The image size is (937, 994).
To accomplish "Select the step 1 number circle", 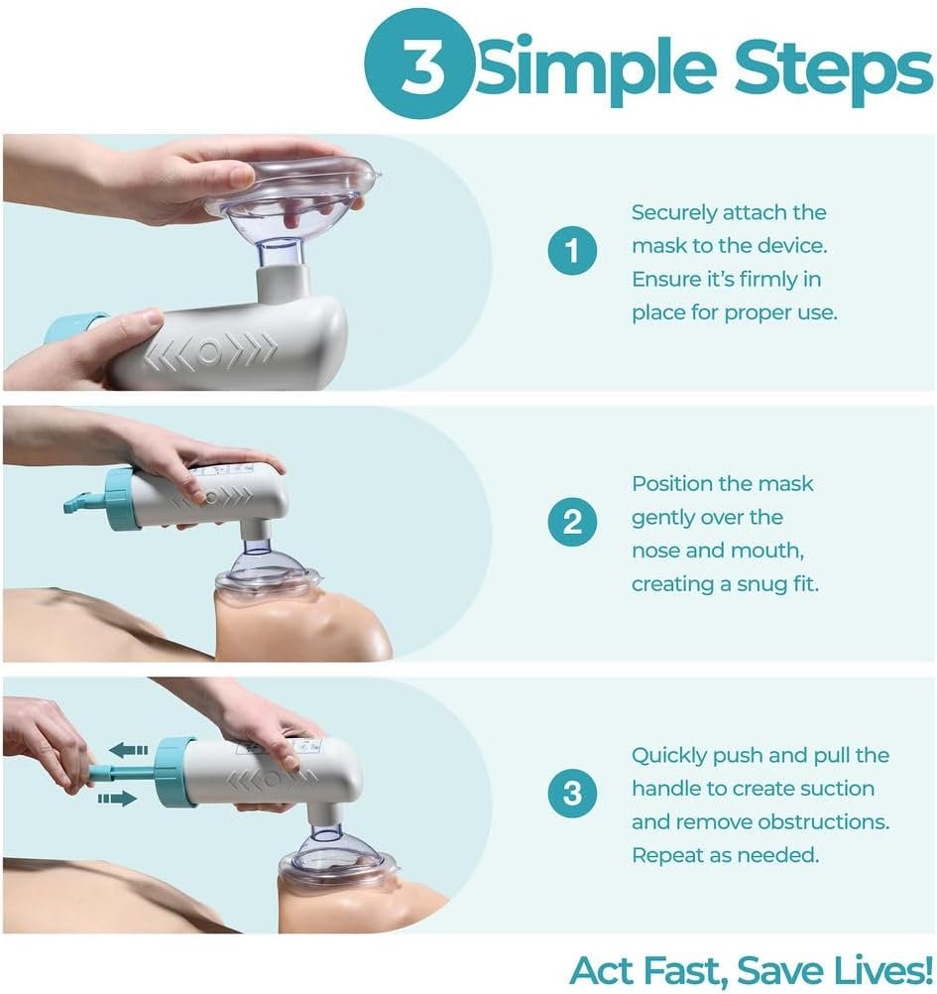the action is (572, 250).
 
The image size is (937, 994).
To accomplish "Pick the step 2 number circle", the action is (572, 522).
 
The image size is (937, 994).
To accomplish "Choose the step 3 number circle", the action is (572, 793).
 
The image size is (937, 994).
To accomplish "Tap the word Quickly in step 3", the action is (669, 756).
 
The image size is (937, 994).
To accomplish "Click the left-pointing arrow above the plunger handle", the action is (128, 751).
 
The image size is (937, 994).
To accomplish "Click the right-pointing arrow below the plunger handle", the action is (118, 799).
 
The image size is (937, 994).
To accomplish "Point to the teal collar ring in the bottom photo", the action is (175, 772).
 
